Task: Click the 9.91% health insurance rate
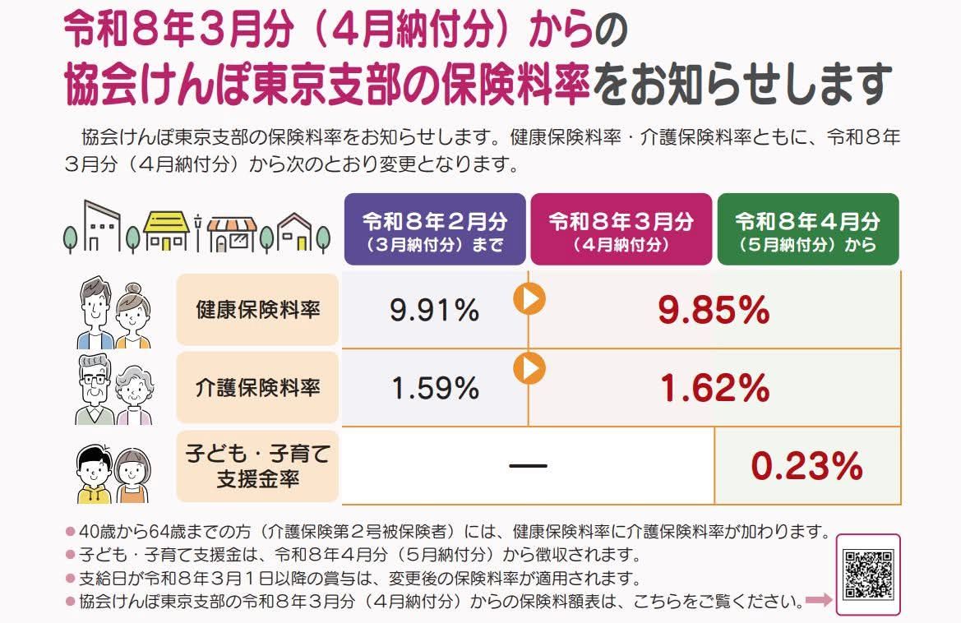pos(435,310)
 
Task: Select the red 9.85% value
pos(714,310)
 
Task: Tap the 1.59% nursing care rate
pos(435,388)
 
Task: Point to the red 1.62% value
pos(714,388)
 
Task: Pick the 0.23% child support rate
pos(807,465)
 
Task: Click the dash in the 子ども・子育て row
pos(528,466)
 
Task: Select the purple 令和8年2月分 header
pos(435,229)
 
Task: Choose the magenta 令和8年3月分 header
pos(621,229)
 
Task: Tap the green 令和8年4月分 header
pos(808,229)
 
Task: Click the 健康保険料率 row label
pos(257,309)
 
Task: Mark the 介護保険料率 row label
pos(257,387)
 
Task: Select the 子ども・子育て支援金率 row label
pos(257,466)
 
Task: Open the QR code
pos(868,574)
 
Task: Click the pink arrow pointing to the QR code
pos(819,600)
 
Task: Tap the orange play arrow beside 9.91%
pos(529,299)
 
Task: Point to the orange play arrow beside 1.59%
pos(529,369)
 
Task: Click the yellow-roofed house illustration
pos(166,231)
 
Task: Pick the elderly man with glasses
pos(95,390)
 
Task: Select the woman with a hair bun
pos(133,316)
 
